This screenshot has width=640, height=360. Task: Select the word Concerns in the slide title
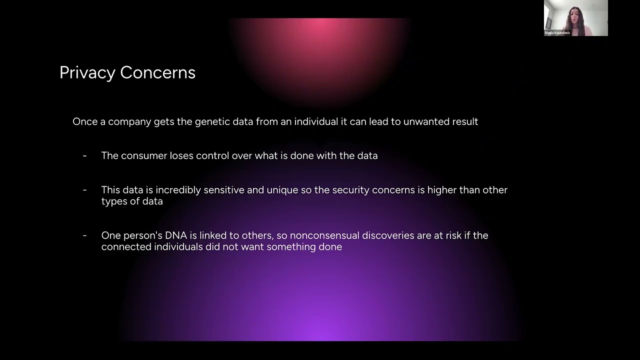pyautogui.click(x=157, y=72)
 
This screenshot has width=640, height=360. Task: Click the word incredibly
pyautogui.click(x=180, y=190)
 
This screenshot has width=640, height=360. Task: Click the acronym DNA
pyautogui.click(x=176, y=235)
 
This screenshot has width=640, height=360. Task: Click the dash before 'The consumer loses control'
pyautogui.click(x=84, y=155)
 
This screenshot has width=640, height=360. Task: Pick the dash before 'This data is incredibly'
pyautogui.click(x=84, y=190)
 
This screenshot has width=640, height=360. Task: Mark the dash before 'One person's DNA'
pyautogui.click(x=84, y=235)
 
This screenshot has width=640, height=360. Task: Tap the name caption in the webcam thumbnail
pyautogui.click(x=557, y=33)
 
